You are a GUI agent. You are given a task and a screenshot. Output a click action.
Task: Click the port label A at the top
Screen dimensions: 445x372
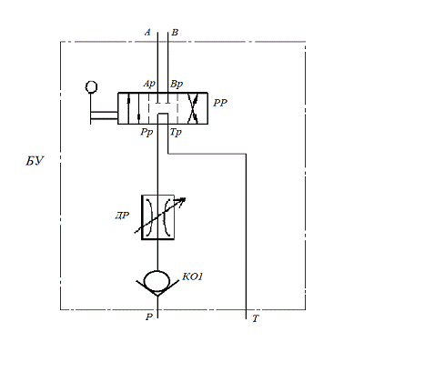(147, 32)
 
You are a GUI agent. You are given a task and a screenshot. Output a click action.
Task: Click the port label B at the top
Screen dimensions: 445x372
(175, 32)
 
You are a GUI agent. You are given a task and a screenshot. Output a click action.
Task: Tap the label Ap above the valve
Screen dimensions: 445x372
(149, 84)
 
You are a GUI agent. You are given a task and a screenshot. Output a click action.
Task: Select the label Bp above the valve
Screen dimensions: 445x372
(177, 84)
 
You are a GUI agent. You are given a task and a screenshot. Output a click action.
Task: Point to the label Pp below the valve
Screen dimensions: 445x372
(147, 132)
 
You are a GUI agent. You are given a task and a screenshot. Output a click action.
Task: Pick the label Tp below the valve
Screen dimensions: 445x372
(176, 132)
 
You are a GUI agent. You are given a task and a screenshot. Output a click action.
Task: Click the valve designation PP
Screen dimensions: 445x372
(220, 103)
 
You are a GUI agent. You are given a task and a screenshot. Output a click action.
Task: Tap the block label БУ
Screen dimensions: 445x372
(35, 161)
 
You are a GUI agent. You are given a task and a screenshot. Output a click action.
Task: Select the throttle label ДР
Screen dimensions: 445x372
(122, 216)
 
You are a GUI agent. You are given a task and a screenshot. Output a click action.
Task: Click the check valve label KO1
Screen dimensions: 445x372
(192, 276)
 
